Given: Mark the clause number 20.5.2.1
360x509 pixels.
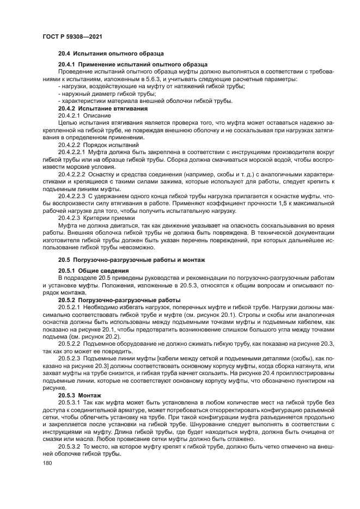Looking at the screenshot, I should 70,308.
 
